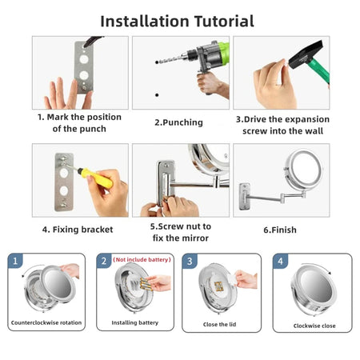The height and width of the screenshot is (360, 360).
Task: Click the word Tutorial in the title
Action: coord(224,22)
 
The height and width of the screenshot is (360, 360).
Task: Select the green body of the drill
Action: coord(224,53)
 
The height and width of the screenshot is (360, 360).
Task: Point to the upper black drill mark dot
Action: coord(157,62)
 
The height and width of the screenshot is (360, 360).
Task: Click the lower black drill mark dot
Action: coord(157,95)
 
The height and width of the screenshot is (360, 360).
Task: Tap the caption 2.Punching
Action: coord(178,122)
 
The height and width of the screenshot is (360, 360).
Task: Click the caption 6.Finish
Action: coord(280,230)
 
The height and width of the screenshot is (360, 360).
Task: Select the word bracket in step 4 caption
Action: coord(97,230)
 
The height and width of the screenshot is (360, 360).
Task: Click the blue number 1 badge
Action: coord(15,261)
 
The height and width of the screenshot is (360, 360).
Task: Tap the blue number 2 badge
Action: coord(104,261)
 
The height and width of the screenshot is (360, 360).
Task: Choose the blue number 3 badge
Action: coord(190,261)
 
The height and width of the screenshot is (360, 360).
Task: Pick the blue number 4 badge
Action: coord(280,261)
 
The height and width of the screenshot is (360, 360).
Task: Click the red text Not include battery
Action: coord(142,259)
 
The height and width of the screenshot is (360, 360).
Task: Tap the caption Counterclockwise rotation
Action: coord(46,322)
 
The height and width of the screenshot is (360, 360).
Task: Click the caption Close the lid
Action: coord(219,325)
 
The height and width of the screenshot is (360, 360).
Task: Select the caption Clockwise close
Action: coord(314,326)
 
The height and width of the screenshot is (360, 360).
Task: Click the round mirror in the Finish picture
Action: coord(303,170)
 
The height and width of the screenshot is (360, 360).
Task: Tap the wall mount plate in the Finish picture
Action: coord(245,196)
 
